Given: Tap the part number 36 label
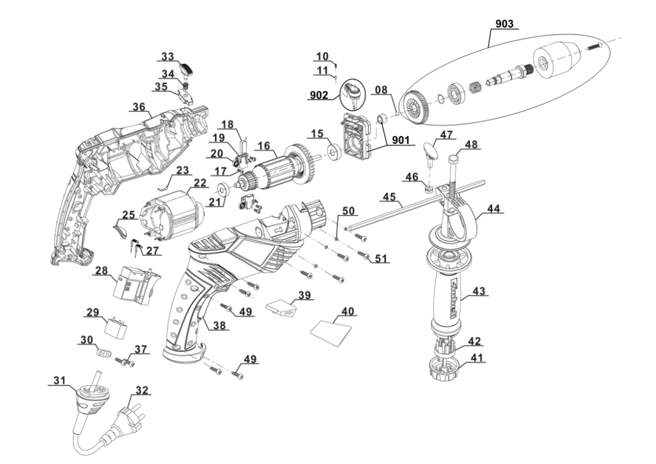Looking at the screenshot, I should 139,107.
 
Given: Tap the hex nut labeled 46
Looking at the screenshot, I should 429,188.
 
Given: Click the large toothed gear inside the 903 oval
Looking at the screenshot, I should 415,107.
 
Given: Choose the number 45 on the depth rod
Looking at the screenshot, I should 390,197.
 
